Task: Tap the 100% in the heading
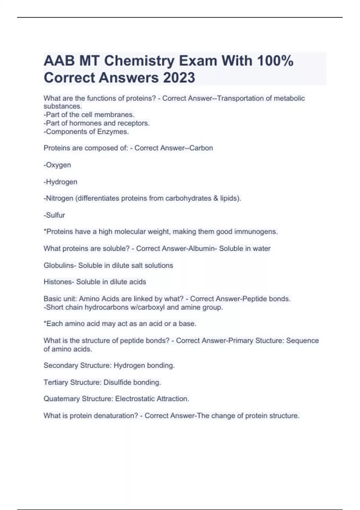pyautogui.click(x=275, y=61)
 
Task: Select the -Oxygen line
pyautogui.click(x=57, y=165)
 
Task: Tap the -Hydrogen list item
pyautogui.click(x=61, y=182)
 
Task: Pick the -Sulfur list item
pyautogui.click(x=54, y=215)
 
